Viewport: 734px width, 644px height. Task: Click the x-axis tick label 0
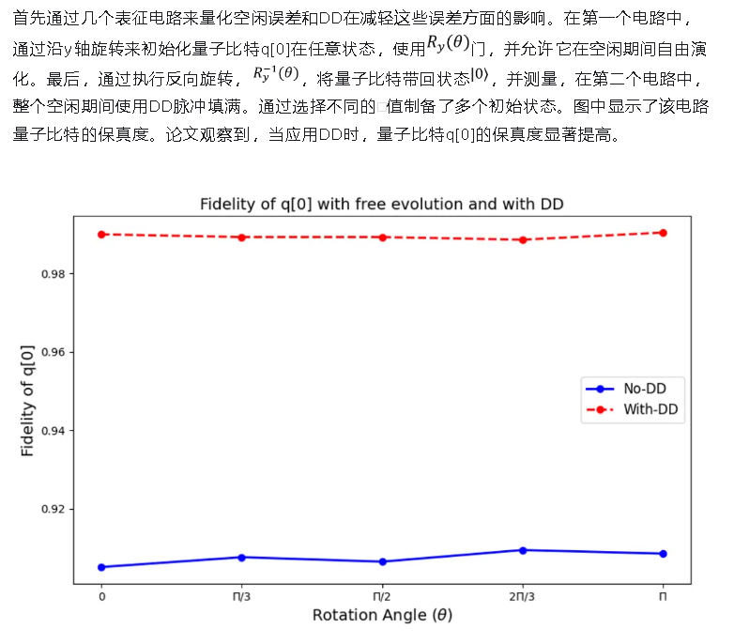[101, 596]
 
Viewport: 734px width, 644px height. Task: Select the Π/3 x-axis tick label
[241, 596]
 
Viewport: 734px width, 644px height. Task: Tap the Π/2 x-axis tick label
[382, 596]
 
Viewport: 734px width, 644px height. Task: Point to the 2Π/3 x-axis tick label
[523, 596]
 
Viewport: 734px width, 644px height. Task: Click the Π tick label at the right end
[663, 596]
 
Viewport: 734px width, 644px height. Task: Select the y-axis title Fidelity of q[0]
[27, 400]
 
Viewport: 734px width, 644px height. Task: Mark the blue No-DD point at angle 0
[101, 567]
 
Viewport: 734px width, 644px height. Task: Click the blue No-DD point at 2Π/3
[523, 550]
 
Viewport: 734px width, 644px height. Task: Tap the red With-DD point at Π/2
[382, 238]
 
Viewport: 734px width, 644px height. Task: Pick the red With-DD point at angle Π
[663, 232]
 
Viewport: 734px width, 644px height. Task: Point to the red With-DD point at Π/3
[241, 238]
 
